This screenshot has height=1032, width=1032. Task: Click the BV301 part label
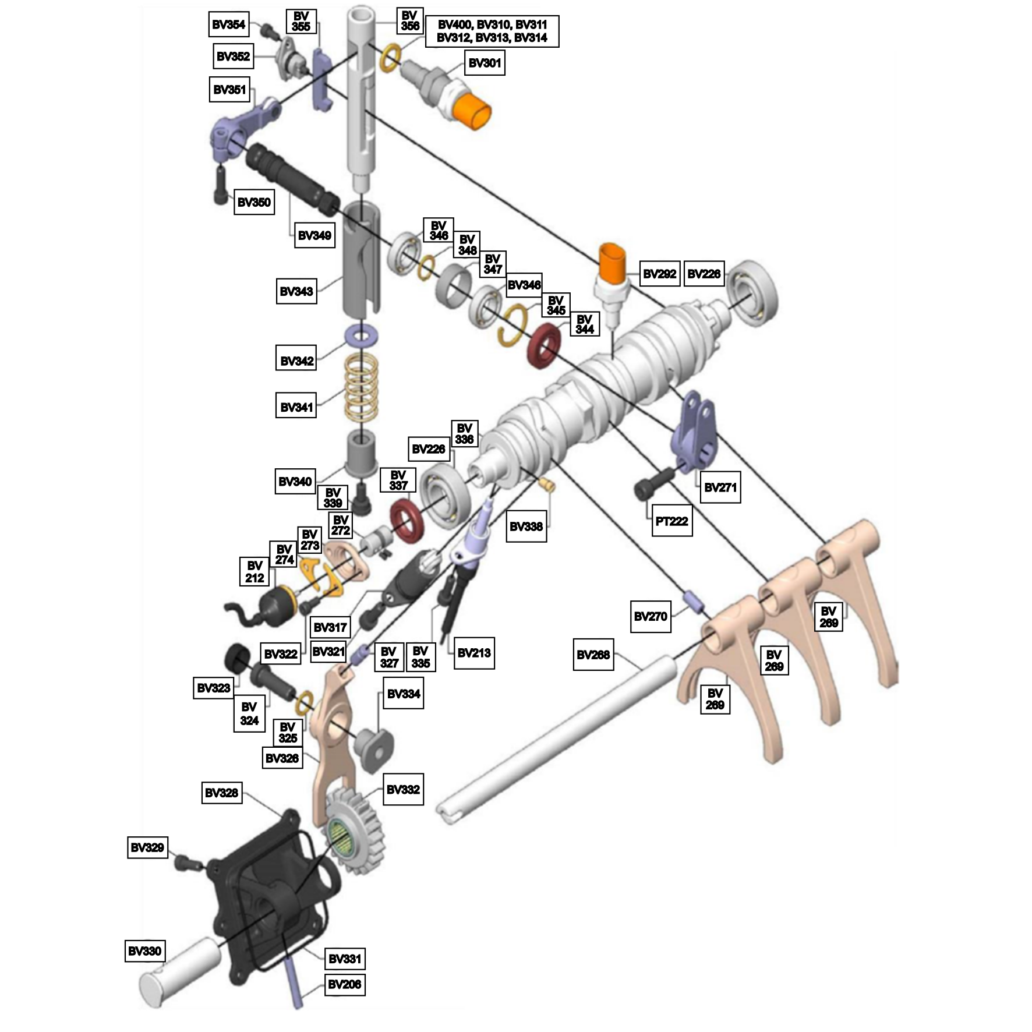485,62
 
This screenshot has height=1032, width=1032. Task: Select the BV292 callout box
659,273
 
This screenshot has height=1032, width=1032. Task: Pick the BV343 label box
296,291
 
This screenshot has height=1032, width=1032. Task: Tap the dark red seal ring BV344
543,348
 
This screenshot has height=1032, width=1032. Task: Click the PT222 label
671,521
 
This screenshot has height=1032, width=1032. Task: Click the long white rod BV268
557,738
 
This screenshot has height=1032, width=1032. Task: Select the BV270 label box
650,616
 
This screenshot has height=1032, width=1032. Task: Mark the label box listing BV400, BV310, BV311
492,31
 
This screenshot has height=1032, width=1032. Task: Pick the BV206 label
345,984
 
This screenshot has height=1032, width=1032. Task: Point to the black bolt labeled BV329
189,862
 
